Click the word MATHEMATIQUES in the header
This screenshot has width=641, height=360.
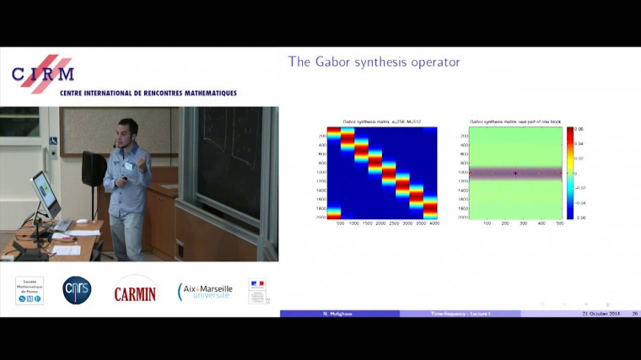tap(197, 93)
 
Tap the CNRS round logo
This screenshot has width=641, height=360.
tap(77, 290)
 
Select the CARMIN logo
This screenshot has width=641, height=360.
tap(135, 289)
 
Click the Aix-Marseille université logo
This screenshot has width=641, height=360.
tap(205, 291)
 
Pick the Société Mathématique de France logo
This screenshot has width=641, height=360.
tap(30, 290)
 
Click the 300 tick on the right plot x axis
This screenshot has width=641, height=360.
tap(524, 224)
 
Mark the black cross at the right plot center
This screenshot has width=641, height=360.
tap(515, 174)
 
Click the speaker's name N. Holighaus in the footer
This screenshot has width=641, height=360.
tap(339, 314)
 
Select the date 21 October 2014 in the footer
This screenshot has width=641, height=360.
tap(600, 314)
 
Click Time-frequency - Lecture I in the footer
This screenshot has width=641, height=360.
tap(460, 314)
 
